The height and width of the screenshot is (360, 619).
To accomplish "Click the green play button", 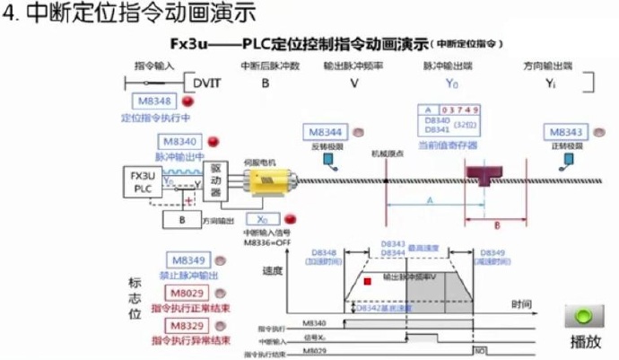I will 585,317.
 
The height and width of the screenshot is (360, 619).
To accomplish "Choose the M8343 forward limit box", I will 565,131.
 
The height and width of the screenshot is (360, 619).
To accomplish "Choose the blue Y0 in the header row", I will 452,84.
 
